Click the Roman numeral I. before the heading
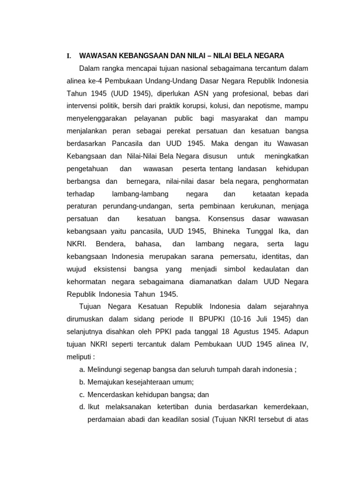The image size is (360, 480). [69, 56]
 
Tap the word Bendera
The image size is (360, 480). [110, 244]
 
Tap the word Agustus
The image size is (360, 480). [240, 332]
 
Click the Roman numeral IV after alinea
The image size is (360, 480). [303, 345]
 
